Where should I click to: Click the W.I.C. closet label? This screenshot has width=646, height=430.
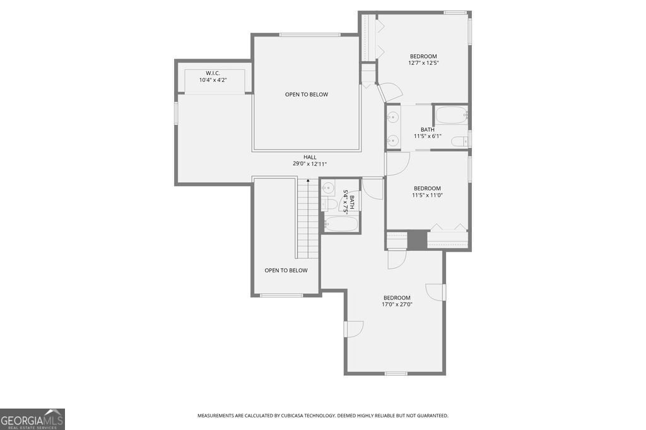click(213, 73)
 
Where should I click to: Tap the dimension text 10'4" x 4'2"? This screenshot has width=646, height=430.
click(213, 80)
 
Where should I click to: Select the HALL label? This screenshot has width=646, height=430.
click(310, 157)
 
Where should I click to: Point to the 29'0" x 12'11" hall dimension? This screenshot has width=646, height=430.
click(310, 164)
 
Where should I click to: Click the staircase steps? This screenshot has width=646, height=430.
click(306, 218)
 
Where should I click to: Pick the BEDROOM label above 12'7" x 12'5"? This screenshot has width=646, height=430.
click(423, 56)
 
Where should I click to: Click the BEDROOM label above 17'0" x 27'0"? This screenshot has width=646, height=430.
click(397, 298)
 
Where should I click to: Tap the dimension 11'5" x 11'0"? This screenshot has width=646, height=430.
click(427, 195)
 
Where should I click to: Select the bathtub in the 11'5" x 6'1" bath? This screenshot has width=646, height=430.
click(450, 115)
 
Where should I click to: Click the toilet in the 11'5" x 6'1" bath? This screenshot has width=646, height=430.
click(462, 140)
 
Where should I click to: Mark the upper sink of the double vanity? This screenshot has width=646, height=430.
click(393, 117)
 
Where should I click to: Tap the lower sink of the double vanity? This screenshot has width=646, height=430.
click(393, 140)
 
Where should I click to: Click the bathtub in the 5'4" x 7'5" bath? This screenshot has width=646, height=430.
click(341, 224)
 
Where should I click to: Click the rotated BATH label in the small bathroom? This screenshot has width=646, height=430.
click(352, 202)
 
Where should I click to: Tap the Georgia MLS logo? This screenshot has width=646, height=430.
click(32, 419)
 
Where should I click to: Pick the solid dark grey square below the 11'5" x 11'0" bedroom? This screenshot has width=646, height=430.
click(416, 240)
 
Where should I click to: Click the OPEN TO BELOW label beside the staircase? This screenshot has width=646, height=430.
click(286, 270)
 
